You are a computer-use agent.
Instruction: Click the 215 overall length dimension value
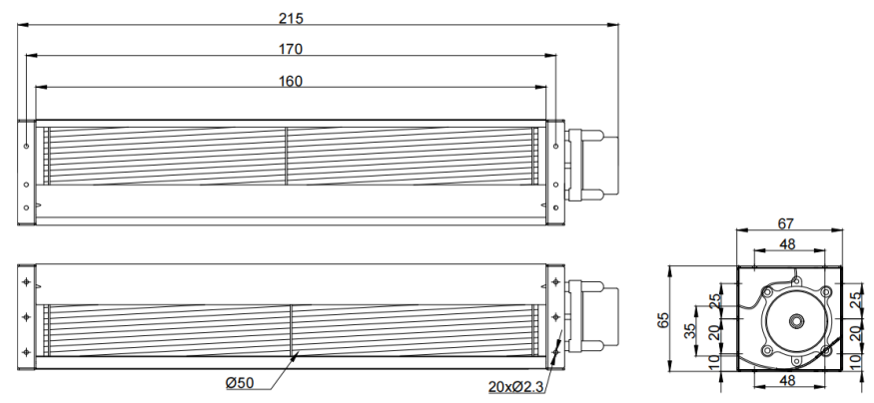291,18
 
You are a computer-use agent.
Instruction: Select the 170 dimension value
291,50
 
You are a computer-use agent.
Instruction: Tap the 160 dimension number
291,81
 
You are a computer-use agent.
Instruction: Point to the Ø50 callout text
240,383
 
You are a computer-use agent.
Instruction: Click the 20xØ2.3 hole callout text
515,386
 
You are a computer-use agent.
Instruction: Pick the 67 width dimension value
785,223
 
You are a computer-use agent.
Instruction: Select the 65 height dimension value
663,320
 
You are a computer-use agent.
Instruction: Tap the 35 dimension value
690,330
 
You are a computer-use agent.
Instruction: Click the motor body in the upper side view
593,165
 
